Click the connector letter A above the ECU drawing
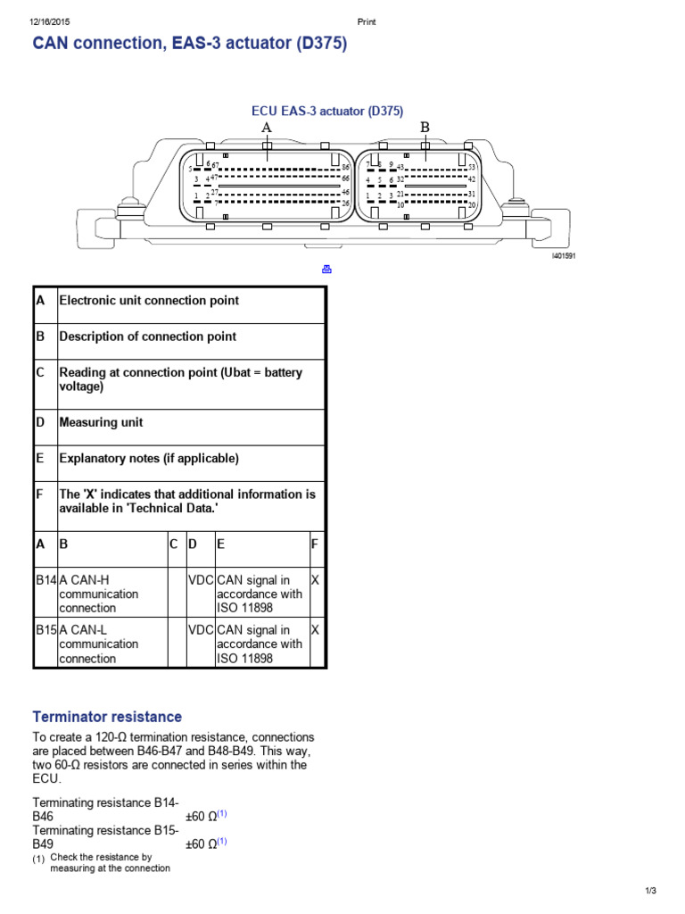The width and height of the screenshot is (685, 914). [x=266, y=128]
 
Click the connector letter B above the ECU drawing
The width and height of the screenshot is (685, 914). [x=425, y=128]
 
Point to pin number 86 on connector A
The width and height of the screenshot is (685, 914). [x=345, y=167]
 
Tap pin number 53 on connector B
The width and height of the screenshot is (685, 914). [x=472, y=167]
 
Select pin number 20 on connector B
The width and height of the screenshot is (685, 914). [x=472, y=204]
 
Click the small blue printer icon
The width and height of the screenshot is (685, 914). [x=326, y=270]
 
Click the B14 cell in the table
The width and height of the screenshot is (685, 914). [x=45, y=580]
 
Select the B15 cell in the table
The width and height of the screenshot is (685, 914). [x=45, y=630]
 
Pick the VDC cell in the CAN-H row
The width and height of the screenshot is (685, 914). [x=201, y=580]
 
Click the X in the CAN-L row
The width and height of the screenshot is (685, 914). [x=314, y=630]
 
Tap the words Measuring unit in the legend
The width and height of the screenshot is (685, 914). [x=101, y=422]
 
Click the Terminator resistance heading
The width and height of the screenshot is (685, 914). [x=107, y=717]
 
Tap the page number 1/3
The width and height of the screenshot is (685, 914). [x=650, y=891]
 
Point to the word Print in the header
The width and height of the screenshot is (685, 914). [x=366, y=22]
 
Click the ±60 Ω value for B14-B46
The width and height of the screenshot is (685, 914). [x=206, y=816]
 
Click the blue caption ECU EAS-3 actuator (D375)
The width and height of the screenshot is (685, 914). [x=327, y=112]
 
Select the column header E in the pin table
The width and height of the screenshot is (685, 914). [x=220, y=544]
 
